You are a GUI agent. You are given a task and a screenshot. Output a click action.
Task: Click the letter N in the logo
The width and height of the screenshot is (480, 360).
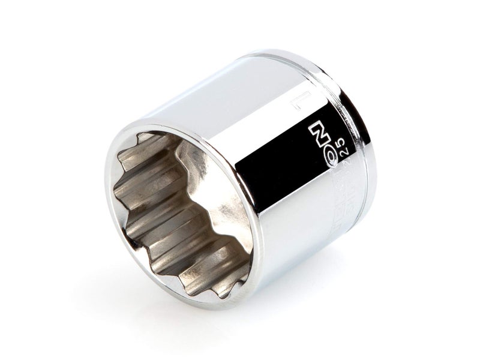pos(313,129)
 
